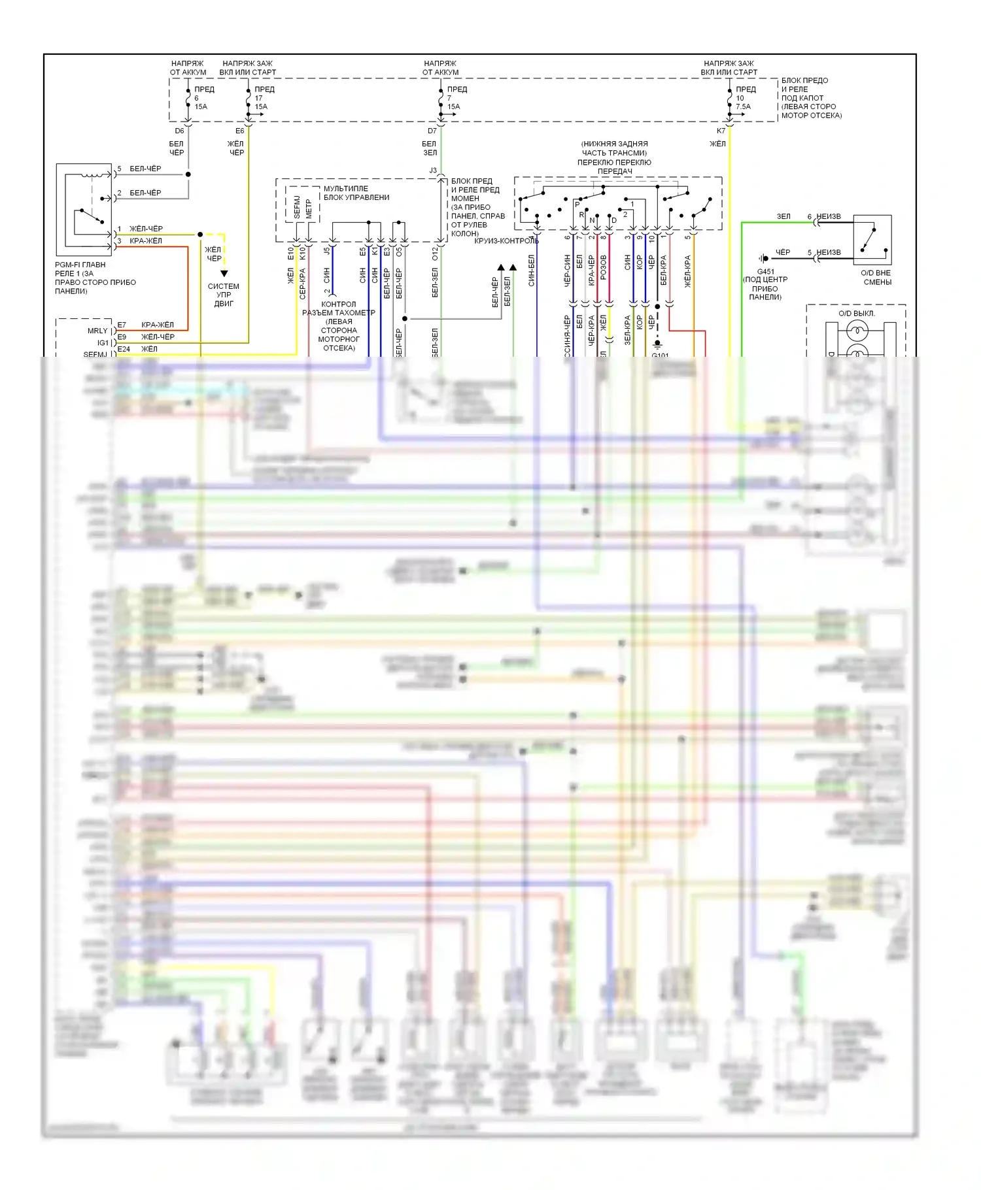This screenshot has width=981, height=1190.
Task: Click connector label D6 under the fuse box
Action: [x=179, y=131]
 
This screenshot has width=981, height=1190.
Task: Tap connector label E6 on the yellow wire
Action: [x=240, y=131]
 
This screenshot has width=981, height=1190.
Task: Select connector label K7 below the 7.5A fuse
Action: [x=721, y=131]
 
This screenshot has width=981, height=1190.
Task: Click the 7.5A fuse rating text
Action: [x=743, y=107]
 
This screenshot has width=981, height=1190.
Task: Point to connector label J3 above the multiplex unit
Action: [x=433, y=171]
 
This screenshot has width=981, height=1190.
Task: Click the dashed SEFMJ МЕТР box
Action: [x=302, y=205]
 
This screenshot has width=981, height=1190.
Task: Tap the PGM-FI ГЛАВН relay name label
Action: [x=80, y=265]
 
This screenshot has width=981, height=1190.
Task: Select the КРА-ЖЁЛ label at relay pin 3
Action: [x=146, y=240]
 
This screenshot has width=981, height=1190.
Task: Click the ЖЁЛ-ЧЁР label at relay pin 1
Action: [x=146, y=229]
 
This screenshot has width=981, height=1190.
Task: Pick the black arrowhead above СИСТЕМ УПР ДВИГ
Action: [x=224, y=273]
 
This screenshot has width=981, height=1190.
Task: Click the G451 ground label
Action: [x=766, y=271]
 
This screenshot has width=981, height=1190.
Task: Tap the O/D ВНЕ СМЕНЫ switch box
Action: [x=872, y=239]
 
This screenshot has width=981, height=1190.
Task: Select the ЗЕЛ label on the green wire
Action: [x=783, y=216]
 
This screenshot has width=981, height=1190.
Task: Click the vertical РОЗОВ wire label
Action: [x=603, y=268]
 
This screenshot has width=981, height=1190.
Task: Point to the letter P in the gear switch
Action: [x=577, y=205]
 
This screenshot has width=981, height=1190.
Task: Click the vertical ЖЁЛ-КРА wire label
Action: [x=687, y=271]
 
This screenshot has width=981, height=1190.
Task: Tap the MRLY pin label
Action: [x=97, y=331]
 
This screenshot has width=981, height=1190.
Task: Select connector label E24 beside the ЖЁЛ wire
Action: [x=124, y=349]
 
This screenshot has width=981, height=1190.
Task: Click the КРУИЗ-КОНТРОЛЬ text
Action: [x=506, y=240]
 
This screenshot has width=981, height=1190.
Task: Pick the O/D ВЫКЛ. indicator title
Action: [x=856, y=313]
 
